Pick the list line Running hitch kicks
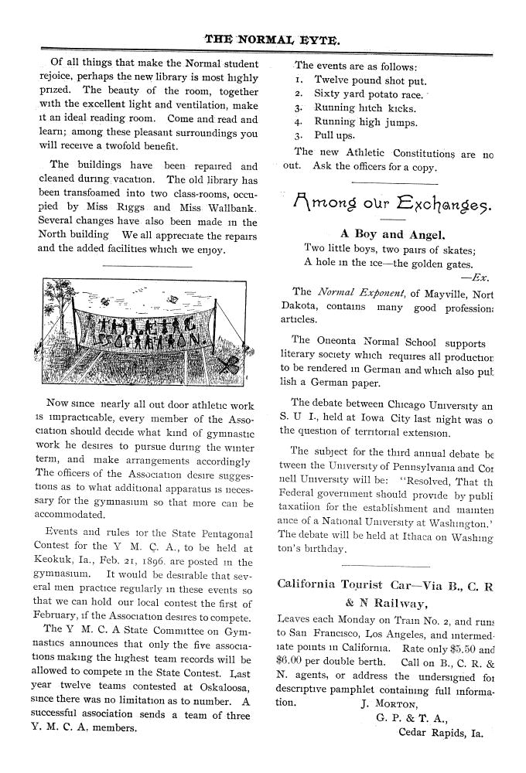(365, 108)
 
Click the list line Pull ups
(334, 136)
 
